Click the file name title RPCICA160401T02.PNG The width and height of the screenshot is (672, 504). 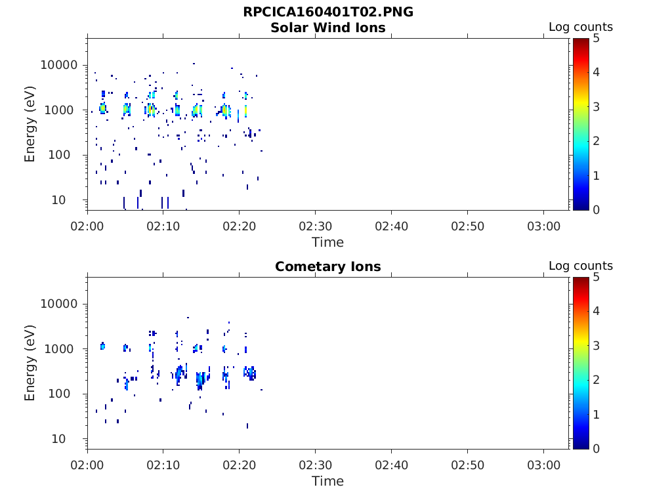(x=328, y=12)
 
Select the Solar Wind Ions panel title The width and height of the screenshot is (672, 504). (x=328, y=28)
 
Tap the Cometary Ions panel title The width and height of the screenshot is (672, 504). (x=328, y=266)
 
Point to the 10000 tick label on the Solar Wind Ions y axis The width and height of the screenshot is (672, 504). (x=59, y=65)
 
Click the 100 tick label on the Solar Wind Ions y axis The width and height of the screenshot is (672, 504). (x=59, y=155)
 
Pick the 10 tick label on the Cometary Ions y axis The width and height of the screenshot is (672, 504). (x=58, y=439)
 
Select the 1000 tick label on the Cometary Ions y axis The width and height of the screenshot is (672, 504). (x=59, y=349)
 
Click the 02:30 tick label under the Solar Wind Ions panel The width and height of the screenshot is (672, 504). (x=316, y=226)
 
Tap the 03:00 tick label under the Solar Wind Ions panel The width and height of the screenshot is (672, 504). (x=543, y=226)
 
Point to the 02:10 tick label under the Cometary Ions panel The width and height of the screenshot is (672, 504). (x=163, y=465)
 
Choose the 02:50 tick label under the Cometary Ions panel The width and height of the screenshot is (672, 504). (x=467, y=465)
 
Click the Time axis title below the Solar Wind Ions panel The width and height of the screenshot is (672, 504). (x=328, y=243)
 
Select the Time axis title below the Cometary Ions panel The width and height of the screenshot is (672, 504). (x=328, y=481)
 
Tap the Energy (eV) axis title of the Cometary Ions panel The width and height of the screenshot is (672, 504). (x=30, y=363)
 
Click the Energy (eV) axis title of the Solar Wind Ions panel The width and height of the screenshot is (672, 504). (x=30, y=124)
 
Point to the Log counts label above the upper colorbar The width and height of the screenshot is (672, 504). (x=581, y=27)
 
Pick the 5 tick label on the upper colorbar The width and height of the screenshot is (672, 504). (x=596, y=39)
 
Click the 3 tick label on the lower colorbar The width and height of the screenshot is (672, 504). (x=596, y=345)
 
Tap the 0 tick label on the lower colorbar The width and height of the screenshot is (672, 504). (x=596, y=449)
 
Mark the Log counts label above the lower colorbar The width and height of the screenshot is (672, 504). (x=581, y=266)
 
